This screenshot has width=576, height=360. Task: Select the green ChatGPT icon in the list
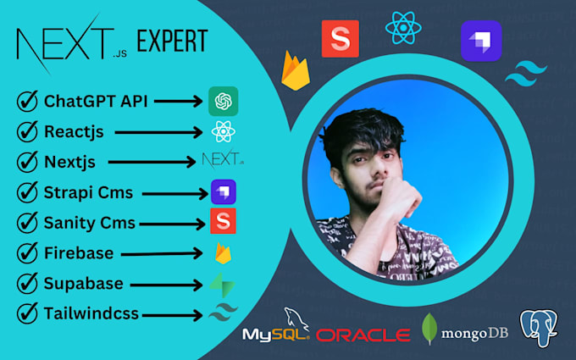223,102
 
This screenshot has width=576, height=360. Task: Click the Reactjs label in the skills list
74,132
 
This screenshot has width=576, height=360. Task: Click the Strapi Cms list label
88,192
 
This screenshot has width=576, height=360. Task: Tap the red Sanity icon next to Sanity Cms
223,222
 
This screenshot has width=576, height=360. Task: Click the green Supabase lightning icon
223,284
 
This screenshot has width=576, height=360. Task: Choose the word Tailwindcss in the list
91,314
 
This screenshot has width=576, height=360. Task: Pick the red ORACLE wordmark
362,335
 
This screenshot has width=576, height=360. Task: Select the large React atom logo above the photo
403,28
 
